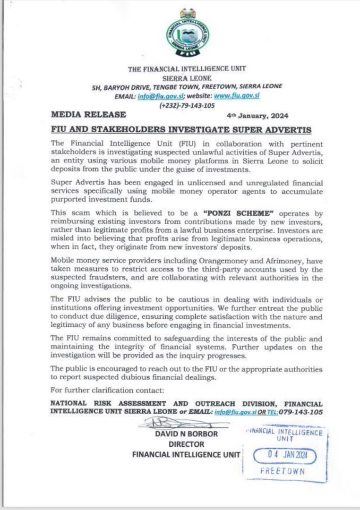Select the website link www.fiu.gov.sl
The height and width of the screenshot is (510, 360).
tap(238, 95)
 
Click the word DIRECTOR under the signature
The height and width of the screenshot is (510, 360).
tap(187, 444)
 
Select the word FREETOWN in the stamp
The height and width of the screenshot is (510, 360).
tap(283, 471)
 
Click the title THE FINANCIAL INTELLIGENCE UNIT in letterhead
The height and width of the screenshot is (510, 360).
tap(187, 69)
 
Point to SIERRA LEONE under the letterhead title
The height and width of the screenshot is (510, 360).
tap(187, 77)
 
